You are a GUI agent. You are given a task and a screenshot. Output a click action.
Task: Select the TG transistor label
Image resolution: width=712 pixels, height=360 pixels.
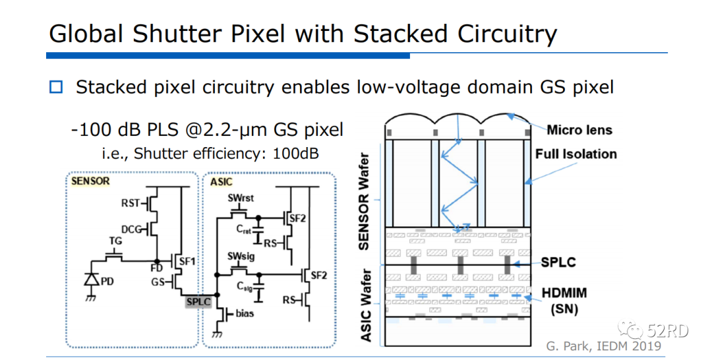[x=115, y=241]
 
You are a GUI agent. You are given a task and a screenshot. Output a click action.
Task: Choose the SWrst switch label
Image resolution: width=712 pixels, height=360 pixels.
[x=241, y=198]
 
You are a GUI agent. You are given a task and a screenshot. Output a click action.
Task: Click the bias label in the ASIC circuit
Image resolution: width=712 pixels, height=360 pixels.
[x=245, y=313]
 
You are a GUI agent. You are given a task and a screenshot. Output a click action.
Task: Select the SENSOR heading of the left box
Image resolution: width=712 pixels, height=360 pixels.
[x=91, y=181]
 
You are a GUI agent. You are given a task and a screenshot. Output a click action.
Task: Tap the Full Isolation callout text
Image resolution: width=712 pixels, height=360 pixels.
[x=576, y=154]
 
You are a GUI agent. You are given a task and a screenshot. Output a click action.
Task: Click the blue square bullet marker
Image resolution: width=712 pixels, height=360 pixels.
[x=56, y=87]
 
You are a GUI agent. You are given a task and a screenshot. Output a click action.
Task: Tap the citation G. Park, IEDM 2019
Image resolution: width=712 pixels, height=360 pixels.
[x=603, y=346]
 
